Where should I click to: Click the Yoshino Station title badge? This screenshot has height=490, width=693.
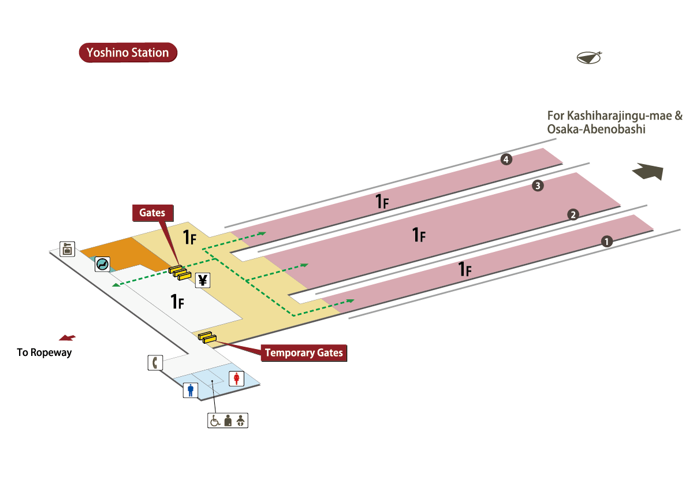point(128,53)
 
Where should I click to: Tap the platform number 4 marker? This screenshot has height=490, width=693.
point(506,159)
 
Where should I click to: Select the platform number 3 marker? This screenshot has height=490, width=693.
point(538,186)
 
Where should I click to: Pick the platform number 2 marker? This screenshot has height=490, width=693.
point(573,214)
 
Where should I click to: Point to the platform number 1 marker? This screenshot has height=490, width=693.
point(606,242)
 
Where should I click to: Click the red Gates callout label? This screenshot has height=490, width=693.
point(152,213)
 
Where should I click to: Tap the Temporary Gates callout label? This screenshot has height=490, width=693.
point(304,352)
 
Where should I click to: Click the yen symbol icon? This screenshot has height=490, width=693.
point(203,280)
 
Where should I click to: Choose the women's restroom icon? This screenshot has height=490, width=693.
point(237,378)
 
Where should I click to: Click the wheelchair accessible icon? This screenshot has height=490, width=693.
point(215,421)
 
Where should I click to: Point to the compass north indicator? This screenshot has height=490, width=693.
point(589,57)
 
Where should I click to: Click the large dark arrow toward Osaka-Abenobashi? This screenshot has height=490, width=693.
point(648,172)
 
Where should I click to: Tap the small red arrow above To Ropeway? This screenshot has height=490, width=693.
point(67,337)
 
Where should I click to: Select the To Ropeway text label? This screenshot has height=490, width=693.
point(44,352)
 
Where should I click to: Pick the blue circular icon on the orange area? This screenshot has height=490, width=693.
point(103,264)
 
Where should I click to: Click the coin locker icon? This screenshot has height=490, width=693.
point(68,249)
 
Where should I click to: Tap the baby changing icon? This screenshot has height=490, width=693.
point(241,421)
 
